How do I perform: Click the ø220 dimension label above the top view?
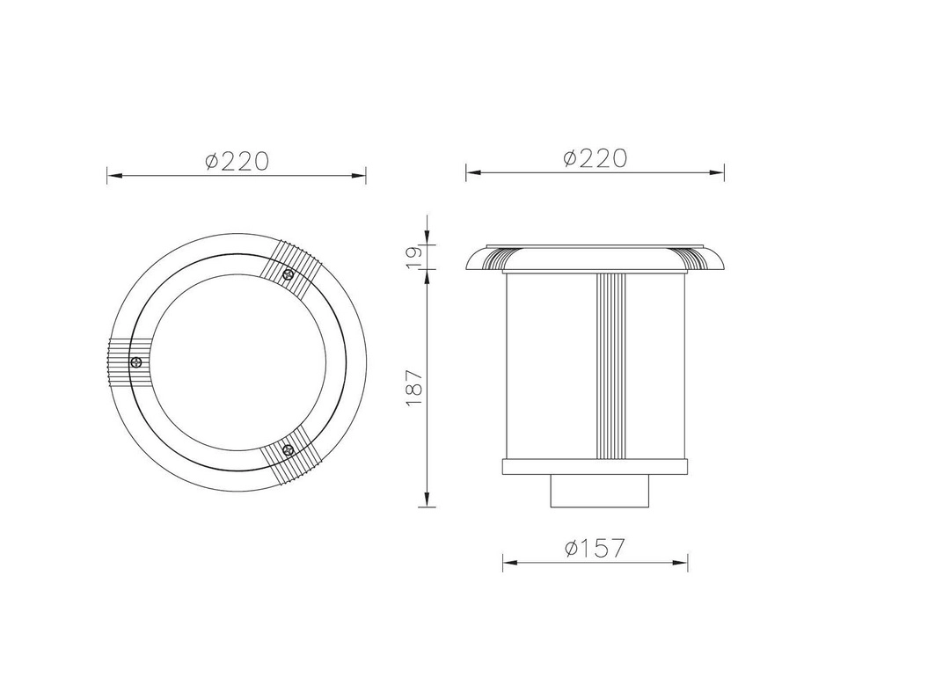click(237, 161)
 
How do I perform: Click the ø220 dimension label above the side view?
click(595, 158)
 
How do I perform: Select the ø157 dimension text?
click(594, 548)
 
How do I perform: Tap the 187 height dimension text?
click(414, 387)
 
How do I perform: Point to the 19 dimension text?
click(414, 258)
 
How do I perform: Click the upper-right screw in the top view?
click(289, 275)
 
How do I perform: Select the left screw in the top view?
click(136, 362)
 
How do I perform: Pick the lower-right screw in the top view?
click(289, 449)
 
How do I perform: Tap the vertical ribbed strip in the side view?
click(610, 366)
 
